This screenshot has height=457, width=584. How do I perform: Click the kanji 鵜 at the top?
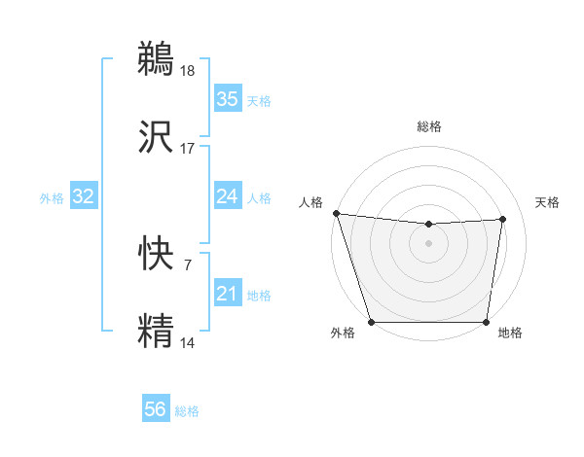tap(157, 59)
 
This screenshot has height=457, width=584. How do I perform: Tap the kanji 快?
tap(157, 253)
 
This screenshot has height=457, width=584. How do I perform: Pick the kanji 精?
tap(157, 329)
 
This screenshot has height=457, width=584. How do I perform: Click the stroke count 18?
tap(188, 71)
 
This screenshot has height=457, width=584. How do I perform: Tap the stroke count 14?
tap(188, 341)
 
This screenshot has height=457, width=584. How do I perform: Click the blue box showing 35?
tap(227, 99)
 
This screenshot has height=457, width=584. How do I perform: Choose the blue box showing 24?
tap(227, 196)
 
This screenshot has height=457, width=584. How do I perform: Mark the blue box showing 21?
tap(227, 294)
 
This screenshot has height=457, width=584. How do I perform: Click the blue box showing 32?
tap(83, 196)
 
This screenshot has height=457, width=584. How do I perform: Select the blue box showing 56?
tap(155, 410)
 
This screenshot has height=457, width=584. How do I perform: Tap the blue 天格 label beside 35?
tap(259, 101)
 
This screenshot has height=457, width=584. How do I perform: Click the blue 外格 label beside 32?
tap(52, 198)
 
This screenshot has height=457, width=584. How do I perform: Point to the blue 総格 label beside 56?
tap(187, 411)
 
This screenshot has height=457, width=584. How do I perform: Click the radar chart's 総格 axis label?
tap(429, 126)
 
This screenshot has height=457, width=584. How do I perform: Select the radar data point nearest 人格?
tap(336, 213)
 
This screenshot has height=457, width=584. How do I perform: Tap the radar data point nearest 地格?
tap(487, 322)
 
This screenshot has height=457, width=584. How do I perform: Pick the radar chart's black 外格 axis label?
tap(343, 334)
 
